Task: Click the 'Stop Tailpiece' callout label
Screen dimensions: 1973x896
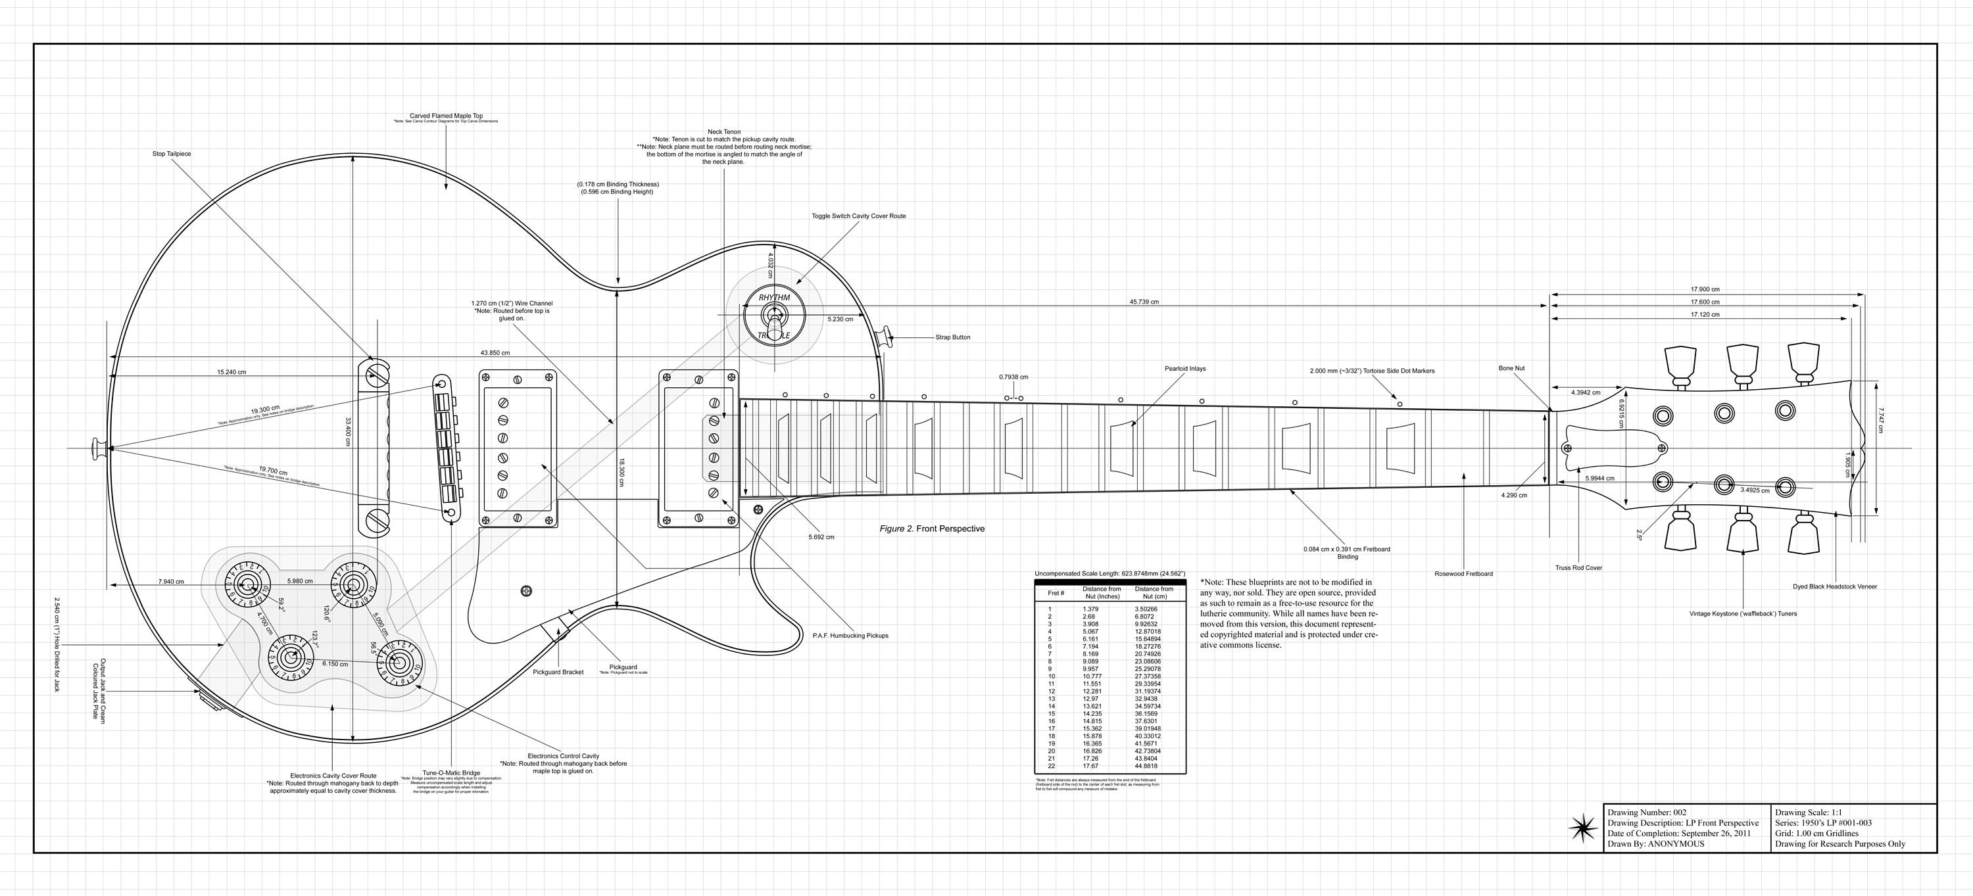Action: (x=172, y=154)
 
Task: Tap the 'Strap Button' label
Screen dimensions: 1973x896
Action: (x=952, y=337)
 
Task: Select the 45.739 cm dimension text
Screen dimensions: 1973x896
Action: (x=1144, y=302)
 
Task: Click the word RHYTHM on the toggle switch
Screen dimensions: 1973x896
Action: (x=773, y=298)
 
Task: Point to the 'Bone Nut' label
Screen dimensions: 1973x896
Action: (x=1511, y=368)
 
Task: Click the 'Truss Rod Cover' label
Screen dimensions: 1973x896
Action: (x=1578, y=567)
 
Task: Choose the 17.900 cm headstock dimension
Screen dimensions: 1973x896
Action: (x=1705, y=289)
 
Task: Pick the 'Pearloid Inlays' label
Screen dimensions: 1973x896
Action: (x=1185, y=368)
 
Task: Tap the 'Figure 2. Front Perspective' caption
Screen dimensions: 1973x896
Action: (x=931, y=529)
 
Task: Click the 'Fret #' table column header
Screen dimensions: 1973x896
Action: (x=1056, y=593)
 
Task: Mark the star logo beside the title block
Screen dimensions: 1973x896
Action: (x=1581, y=828)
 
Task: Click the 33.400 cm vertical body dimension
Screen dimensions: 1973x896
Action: (x=348, y=433)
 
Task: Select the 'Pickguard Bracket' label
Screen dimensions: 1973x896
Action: (x=558, y=672)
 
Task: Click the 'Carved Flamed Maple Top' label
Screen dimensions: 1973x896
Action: (x=446, y=116)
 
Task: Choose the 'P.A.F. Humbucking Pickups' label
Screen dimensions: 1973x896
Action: (x=850, y=636)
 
